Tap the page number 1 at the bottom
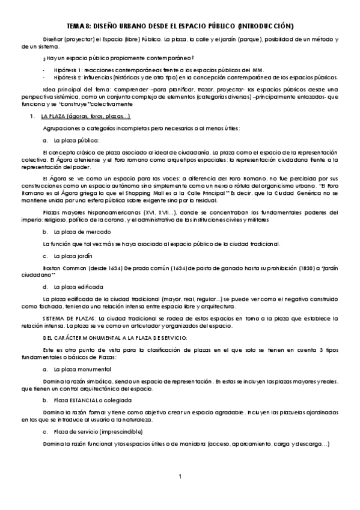(180, 477)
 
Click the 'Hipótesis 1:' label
(71, 69)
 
